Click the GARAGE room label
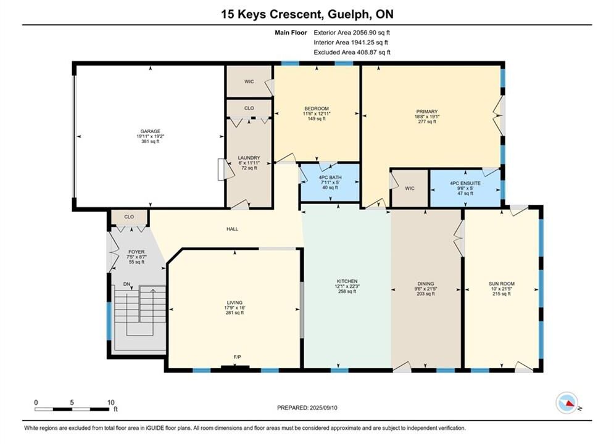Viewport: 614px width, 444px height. [151, 131]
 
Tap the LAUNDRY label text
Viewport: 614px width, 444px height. [249, 158]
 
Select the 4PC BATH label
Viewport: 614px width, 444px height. [330, 178]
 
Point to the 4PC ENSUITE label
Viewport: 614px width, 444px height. [465, 183]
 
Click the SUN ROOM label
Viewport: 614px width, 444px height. [502, 284]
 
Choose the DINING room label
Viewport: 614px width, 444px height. [426, 284]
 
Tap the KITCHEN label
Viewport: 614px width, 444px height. [347, 281]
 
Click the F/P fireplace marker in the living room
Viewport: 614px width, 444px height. [238, 357]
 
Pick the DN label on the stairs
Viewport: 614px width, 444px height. [127, 284]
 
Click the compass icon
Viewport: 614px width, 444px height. [566, 403]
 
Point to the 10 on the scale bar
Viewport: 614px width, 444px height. [111, 402]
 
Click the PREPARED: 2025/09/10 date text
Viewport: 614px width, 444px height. [307, 408]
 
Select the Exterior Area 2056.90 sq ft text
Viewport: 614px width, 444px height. [352, 33]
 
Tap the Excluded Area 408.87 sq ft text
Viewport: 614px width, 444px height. [352, 52]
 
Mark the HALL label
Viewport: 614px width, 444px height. [232, 229]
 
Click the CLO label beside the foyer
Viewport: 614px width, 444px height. [129, 216]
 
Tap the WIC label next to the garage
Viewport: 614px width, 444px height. [249, 81]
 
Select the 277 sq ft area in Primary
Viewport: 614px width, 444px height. [427, 121]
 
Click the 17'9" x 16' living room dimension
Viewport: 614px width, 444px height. [234, 308]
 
